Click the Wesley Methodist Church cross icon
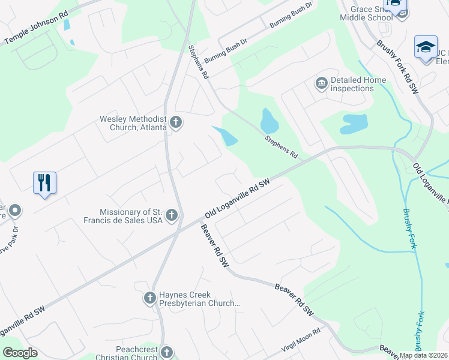(176, 123)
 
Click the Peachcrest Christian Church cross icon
(166, 352)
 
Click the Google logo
(20, 353)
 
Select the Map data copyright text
(424, 355)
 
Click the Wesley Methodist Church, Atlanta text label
(133, 122)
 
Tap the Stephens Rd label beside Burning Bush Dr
(197, 63)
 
